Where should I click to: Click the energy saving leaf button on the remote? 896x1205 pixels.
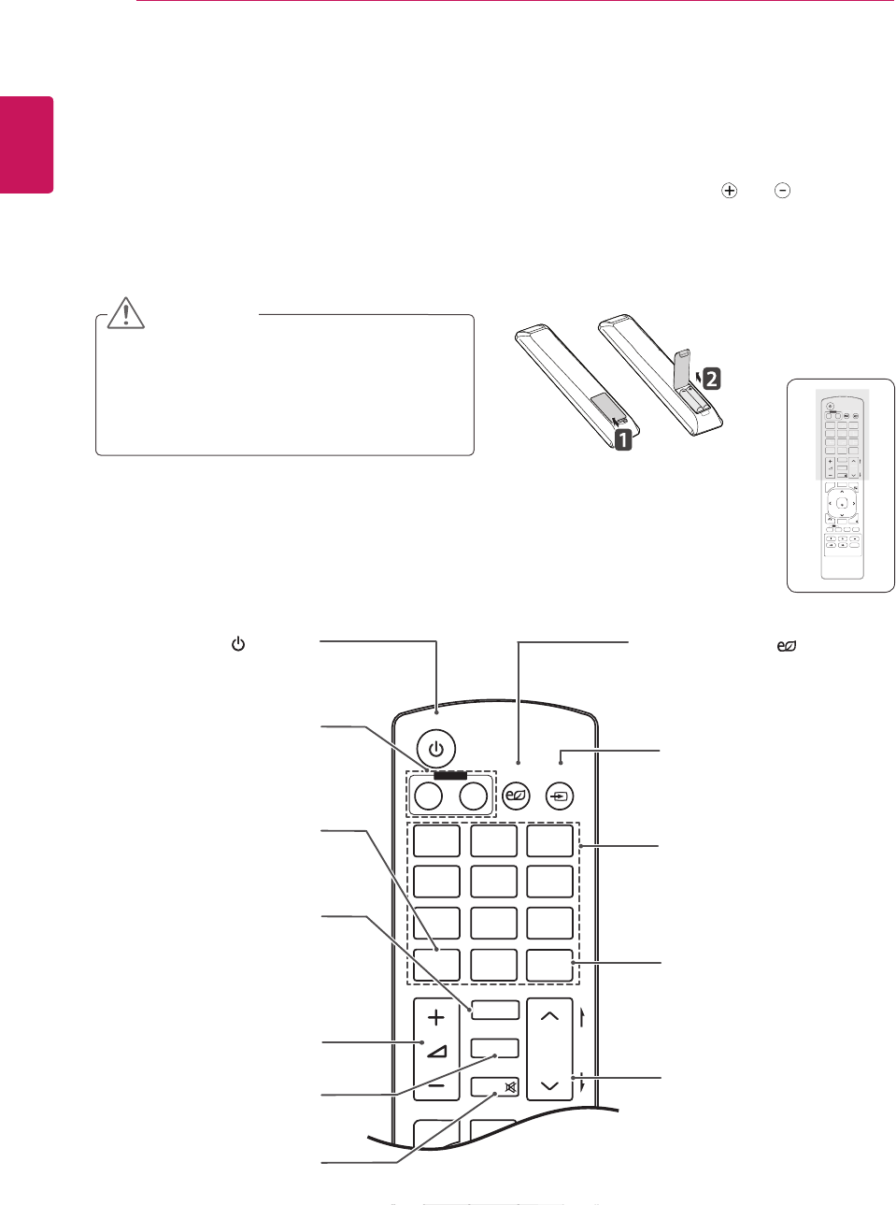click(x=516, y=796)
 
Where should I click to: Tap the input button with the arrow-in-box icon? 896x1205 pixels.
click(x=559, y=796)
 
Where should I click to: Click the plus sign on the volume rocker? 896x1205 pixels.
click(x=435, y=1017)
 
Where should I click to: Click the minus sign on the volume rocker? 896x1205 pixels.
click(x=435, y=1087)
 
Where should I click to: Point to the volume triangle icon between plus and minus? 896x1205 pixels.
click(x=436, y=1051)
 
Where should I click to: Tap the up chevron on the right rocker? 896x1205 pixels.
click(x=549, y=1015)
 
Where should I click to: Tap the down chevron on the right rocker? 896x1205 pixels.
click(x=549, y=1085)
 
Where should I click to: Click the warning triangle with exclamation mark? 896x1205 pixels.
click(x=125, y=313)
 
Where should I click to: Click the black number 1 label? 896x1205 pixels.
click(x=623, y=438)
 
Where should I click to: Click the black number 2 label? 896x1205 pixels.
click(x=711, y=379)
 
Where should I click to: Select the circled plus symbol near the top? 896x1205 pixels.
click(x=729, y=191)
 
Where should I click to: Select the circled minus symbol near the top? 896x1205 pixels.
click(x=783, y=191)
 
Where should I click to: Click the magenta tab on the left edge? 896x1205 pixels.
click(x=26, y=145)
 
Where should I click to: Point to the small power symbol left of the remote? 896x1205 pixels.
click(x=238, y=644)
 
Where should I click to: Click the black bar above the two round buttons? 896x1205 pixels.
click(x=449, y=774)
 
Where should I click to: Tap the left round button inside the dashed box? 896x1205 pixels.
click(x=428, y=796)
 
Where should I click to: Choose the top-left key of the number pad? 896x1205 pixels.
click(x=436, y=840)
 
